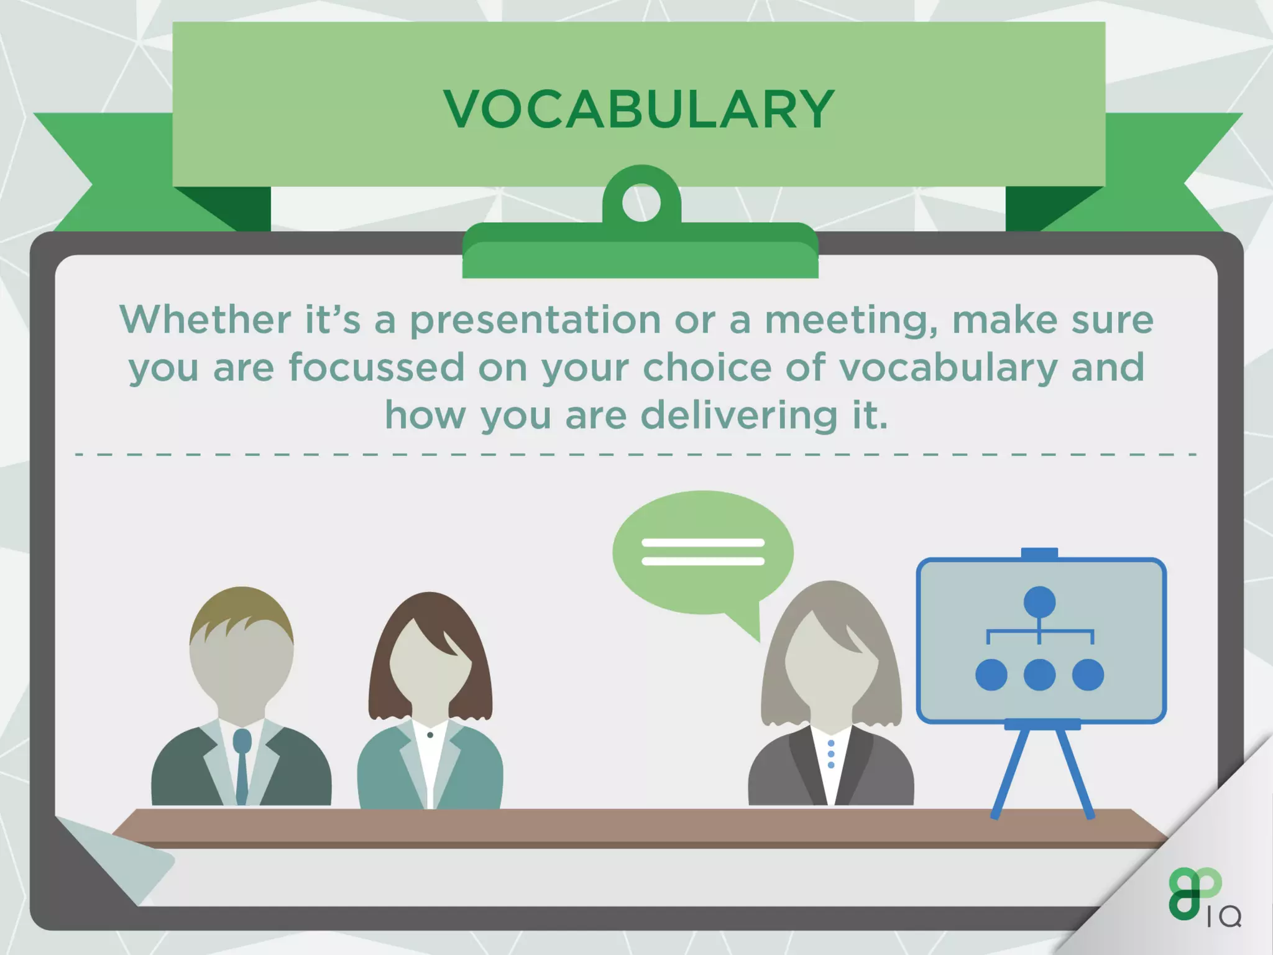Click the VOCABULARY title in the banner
638,109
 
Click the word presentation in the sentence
535,320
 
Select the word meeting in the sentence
850,320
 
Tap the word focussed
376,367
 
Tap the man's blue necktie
242,765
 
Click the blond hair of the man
241,612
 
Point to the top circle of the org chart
1039,602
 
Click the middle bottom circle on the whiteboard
1039,675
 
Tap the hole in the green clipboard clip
641,203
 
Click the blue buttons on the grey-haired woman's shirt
831,754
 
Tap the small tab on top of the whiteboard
1039,553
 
